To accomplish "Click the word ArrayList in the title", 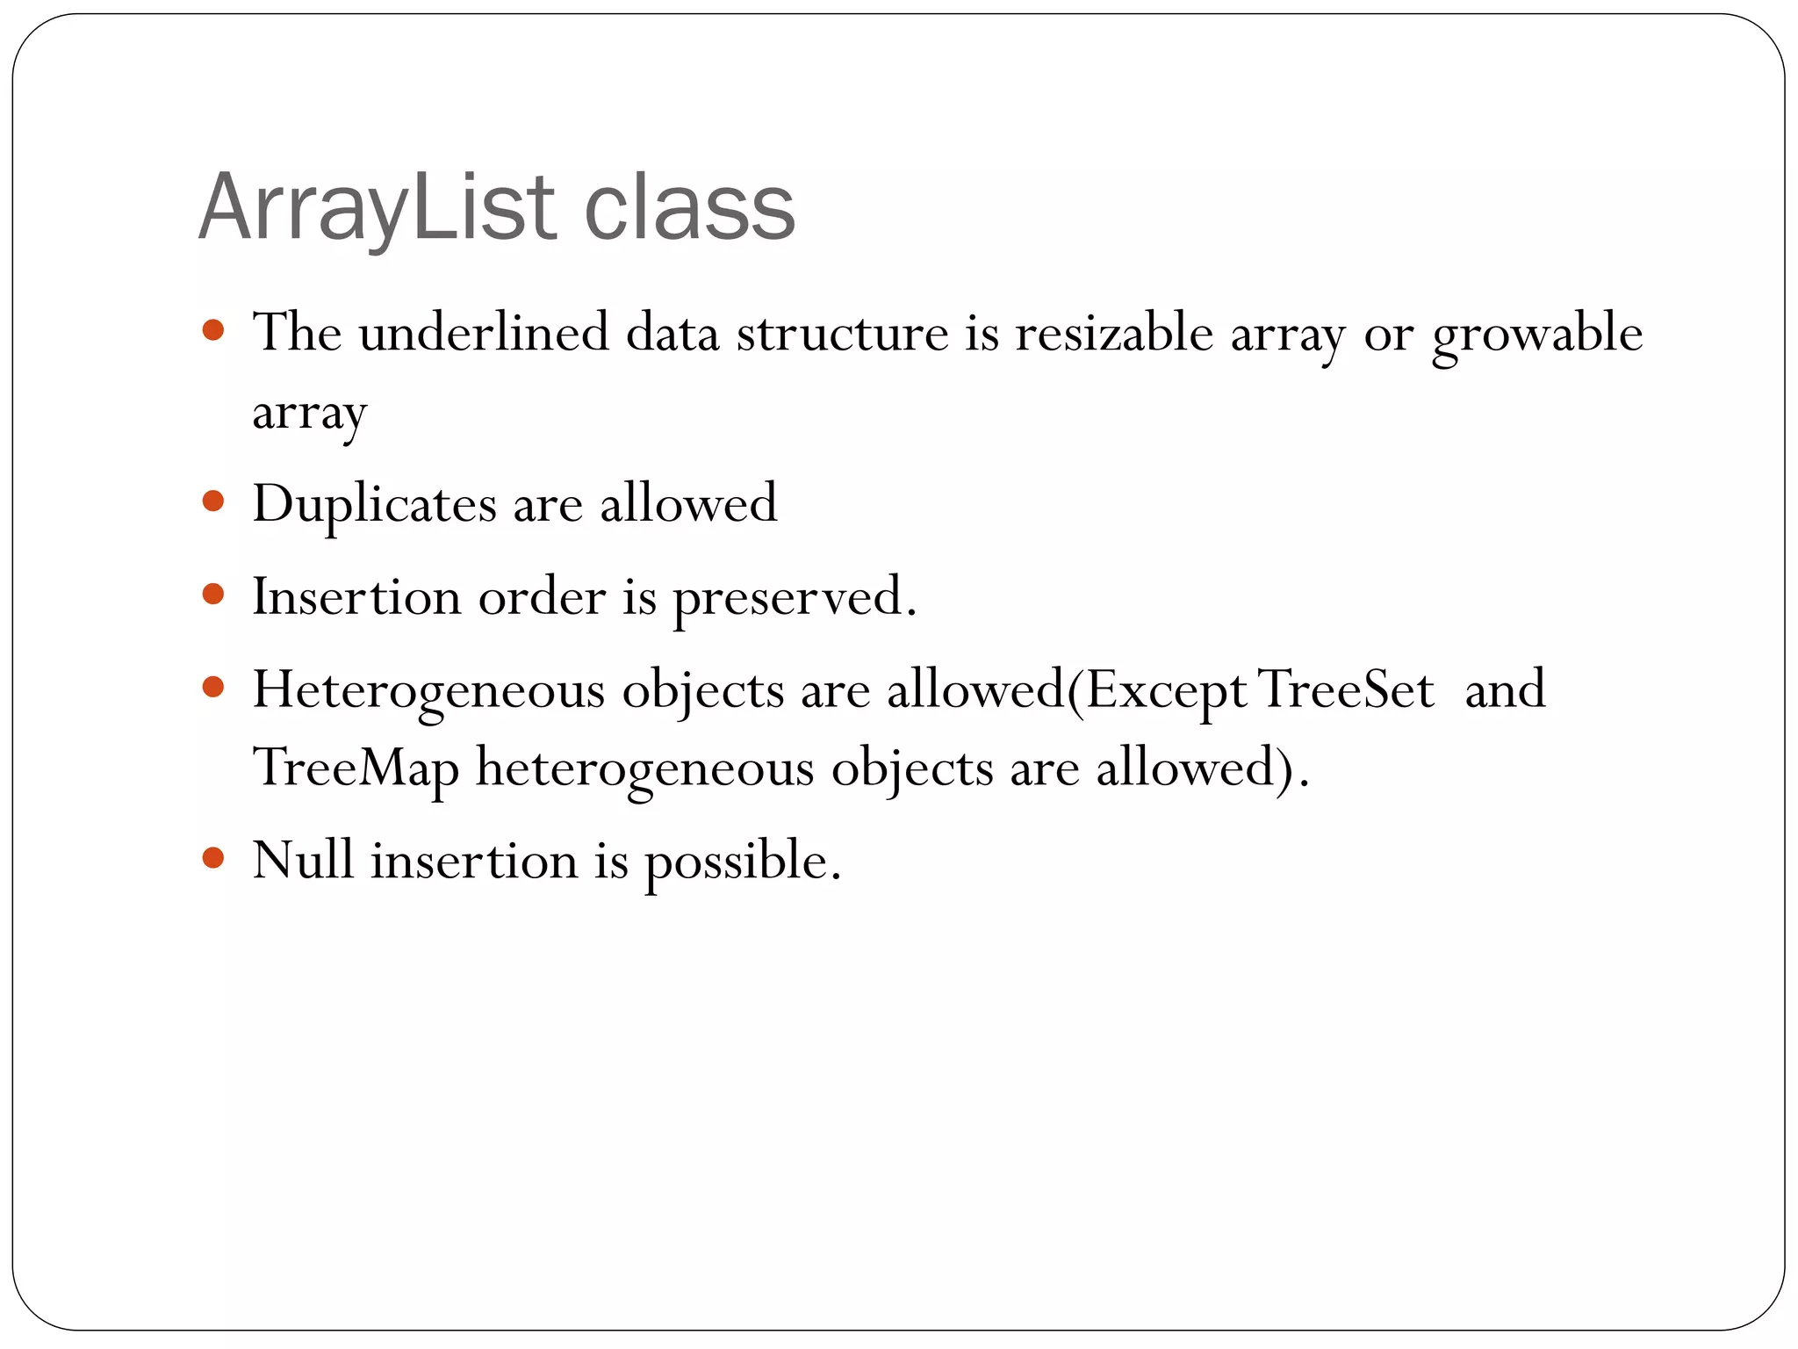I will click(378, 208).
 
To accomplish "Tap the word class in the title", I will click(689, 208).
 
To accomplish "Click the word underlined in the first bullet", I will click(484, 333).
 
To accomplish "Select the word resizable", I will click(1114, 333).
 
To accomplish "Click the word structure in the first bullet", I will click(842, 333).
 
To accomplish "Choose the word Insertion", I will click(356, 596).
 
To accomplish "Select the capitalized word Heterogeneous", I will click(428, 690).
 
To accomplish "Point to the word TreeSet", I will click(1347, 689).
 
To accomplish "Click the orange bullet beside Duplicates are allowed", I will click(213, 501).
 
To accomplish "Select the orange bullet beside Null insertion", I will click(213, 856).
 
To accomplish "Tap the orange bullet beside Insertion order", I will click(213, 594).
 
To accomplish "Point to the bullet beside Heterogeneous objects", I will click(213, 686).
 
